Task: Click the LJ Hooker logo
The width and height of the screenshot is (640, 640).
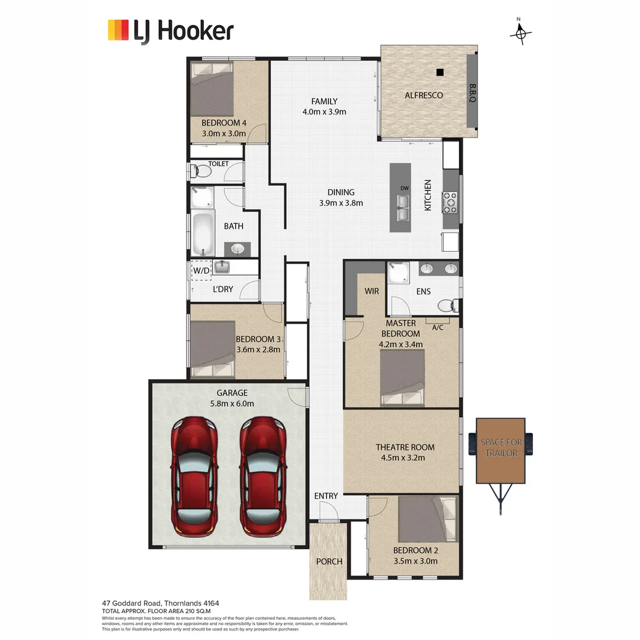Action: (171, 31)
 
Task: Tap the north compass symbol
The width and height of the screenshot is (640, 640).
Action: (520, 34)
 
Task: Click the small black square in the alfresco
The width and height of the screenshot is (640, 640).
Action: (440, 72)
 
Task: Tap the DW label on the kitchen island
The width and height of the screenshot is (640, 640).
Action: (405, 188)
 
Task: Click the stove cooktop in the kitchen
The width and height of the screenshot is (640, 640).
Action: (450, 202)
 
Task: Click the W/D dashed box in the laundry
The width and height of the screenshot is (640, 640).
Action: (201, 270)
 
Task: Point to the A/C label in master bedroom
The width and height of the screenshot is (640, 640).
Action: (438, 327)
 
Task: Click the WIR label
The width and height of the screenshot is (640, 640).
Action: (372, 291)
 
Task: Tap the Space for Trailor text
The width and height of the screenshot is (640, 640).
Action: (501, 448)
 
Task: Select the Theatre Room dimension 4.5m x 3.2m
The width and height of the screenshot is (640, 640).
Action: (405, 457)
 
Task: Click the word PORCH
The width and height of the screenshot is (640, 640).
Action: (329, 561)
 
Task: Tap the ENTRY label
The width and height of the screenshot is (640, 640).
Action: (326, 496)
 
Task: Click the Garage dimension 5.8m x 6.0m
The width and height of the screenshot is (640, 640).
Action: (232, 404)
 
